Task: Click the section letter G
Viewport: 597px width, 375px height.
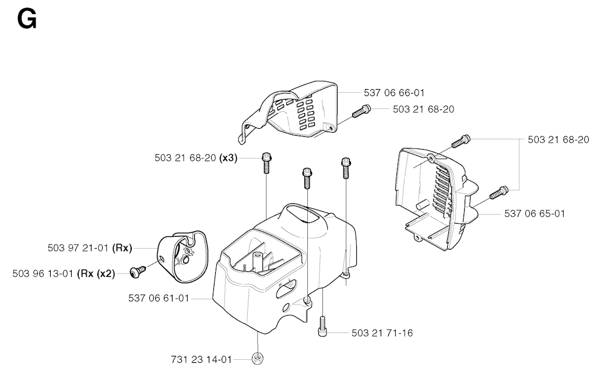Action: click(27, 20)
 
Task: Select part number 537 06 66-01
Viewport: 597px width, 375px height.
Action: click(394, 93)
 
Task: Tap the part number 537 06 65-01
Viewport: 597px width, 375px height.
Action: click(535, 214)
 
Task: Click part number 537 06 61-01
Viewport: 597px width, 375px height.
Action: click(158, 299)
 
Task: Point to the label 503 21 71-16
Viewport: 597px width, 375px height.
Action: click(382, 333)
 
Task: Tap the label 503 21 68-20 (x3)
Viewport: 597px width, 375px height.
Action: click(195, 157)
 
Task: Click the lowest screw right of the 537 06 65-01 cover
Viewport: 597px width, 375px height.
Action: click(498, 192)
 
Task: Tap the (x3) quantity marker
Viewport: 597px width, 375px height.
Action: click(227, 157)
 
